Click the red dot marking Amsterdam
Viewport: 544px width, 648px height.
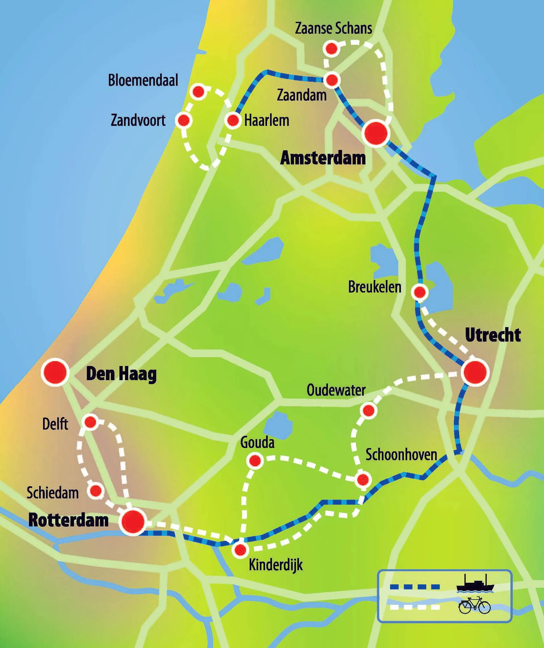375,133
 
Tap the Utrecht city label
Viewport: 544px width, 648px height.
492,335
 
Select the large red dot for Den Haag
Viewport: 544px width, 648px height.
55,372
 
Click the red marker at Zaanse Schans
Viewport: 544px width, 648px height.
331,49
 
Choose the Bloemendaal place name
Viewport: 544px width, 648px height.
143,80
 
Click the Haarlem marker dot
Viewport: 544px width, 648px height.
233,120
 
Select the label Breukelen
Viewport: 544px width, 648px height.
374,287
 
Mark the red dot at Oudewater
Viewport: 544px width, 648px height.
368,410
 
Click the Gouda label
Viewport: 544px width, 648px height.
257,443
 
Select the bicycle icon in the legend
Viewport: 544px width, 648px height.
474,605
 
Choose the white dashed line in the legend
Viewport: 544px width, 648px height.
415,607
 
